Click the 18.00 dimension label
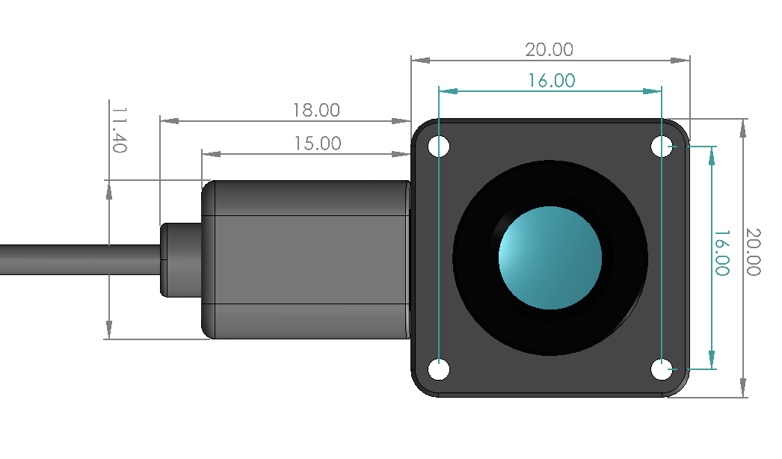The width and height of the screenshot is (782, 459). click(316, 110)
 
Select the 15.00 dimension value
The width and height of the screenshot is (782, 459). click(318, 144)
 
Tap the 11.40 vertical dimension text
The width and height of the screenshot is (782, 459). click(119, 129)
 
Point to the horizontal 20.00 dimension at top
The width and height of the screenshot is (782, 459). click(549, 49)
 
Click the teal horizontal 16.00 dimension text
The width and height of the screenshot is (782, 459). click(552, 80)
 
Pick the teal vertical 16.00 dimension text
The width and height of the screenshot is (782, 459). click(721, 253)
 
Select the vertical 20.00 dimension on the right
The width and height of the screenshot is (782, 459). click(753, 252)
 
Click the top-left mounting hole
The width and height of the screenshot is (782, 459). click(439, 147)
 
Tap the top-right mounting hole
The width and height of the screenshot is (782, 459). click(662, 147)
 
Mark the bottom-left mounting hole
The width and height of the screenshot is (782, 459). click(439, 370)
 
